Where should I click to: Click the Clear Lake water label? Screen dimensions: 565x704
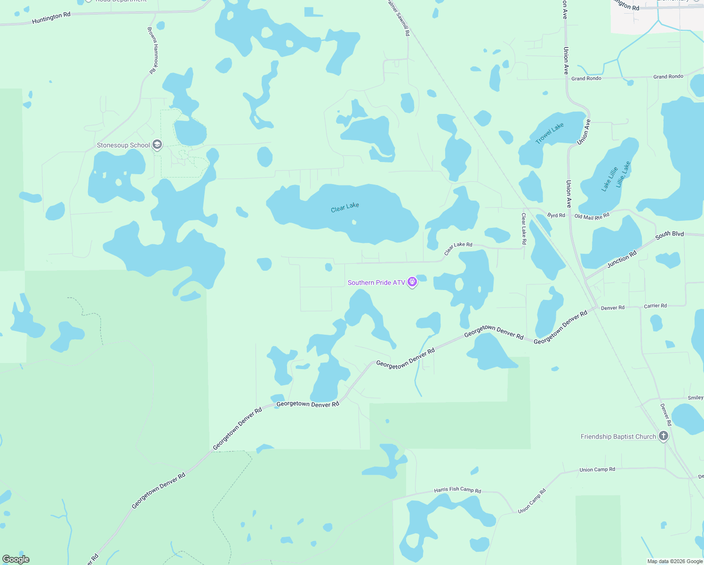point(344,207)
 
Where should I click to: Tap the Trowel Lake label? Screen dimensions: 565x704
point(549,133)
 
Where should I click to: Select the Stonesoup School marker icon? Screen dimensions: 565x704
point(158,145)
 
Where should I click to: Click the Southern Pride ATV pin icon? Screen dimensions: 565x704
point(412,282)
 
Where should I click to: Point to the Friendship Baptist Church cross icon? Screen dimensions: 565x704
point(664,436)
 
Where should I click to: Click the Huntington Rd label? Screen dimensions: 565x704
point(51,18)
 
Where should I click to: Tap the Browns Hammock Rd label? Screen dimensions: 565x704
point(153,50)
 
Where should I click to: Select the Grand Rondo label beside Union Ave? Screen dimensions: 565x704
point(586,78)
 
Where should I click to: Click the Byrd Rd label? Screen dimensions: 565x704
point(556,215)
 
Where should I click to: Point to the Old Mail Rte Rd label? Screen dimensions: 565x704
point(592,217)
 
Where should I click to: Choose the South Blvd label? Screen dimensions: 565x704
point(669,234)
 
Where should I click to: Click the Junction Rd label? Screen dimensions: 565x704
point(622,259)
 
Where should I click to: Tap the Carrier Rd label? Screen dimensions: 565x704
point(655,306)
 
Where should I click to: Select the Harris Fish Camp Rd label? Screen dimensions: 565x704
point(457,490)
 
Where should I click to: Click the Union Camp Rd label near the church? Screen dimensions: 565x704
point(597,469)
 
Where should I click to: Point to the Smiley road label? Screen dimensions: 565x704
point(695,398)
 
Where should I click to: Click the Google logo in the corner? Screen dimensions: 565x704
point(16,559)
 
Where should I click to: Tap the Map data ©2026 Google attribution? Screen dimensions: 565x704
point(675,561)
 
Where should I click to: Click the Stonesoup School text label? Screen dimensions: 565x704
point(123,145)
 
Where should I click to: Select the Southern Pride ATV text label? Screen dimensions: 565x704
point(376,282)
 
